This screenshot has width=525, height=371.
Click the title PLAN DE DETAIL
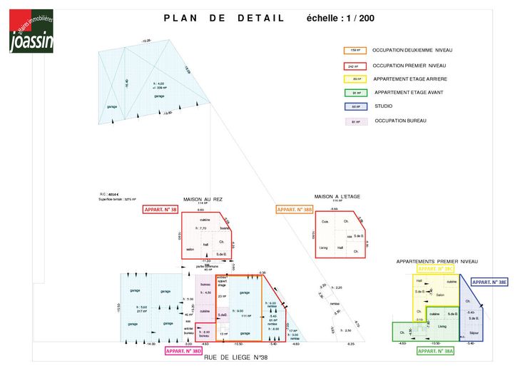[224, 19]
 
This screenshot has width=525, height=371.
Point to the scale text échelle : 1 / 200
[340, 19]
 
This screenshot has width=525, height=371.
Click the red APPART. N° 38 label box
[160, 210]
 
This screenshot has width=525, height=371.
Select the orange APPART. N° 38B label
[294, 210]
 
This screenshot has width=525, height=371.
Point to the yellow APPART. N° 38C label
[436, 269]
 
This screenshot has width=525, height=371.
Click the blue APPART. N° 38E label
[489, 283]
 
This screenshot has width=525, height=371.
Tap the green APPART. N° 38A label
[436, 351]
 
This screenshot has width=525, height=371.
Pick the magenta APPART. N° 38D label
[184, 351]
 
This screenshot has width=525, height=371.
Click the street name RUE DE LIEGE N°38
[235, 357]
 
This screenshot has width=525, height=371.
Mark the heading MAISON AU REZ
[203, 199]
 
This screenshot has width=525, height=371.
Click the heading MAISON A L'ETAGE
[337, 196]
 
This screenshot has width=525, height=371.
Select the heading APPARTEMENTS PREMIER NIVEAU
[437, 262]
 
